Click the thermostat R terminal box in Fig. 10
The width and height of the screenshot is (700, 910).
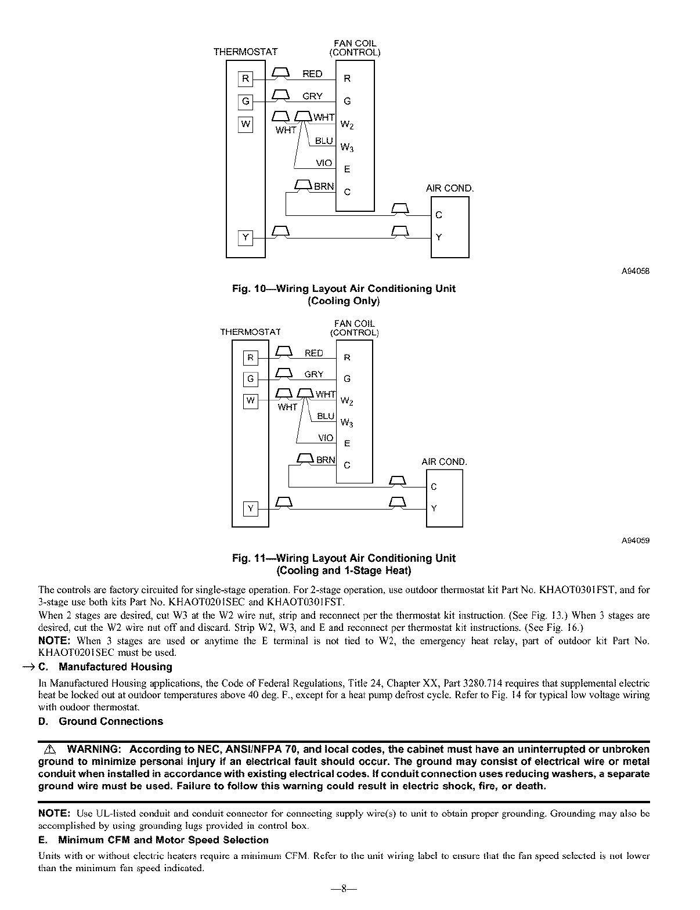(x=246, y=79)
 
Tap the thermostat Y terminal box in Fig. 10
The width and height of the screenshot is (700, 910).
(x=246, y=237)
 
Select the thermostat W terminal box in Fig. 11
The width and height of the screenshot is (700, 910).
(x=250, y=400)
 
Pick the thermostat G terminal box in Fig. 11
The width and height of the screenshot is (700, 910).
(x=250, y=379)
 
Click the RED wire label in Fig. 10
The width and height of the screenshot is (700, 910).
(x=312, y=74)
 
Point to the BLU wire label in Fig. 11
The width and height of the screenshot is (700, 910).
(x=326, y=416)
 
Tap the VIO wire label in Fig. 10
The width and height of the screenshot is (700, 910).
(x=324, y=163)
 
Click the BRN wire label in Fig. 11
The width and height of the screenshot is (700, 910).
(x=326, y=460)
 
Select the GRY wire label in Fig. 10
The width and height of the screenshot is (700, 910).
(x=312, y=96)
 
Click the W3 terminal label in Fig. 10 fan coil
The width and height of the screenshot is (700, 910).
(x=347, y=147)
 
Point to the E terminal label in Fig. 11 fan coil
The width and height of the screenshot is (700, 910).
(x=347, y=444)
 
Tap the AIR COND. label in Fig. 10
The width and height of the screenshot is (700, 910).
(x=450, y=189)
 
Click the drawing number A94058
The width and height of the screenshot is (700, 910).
(x=636, y=270)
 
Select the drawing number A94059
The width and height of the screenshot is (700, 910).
(x=636, y=540)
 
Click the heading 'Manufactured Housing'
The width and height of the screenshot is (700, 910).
(x=116, y=667)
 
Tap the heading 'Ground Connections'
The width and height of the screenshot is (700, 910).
(x=111, y=721)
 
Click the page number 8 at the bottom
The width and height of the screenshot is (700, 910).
(x=344, y=889)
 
